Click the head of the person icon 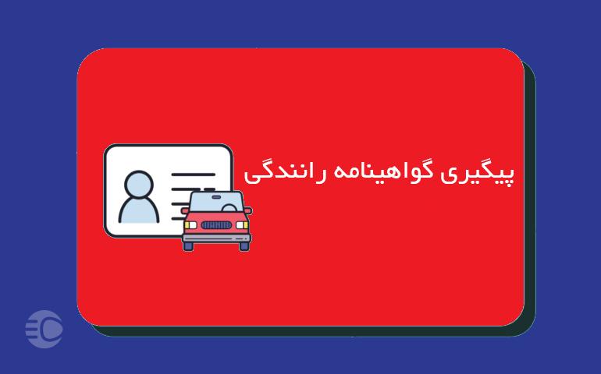click(139, 185)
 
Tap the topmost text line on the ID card click(194, 175)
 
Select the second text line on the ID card click(193, 189)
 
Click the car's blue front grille click(216, 225)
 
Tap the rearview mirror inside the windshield click(216, 197)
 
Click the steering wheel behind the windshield click(229, 208)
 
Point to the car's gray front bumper click(216, 238)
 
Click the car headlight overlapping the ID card click(190, 225)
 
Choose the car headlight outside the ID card click(242, 225)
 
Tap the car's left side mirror click(185, 210)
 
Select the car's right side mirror click(248, 210)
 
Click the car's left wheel click(188, 246)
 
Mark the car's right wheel click(244, 246)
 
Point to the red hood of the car click(216, 217)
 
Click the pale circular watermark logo click(44, 330)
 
